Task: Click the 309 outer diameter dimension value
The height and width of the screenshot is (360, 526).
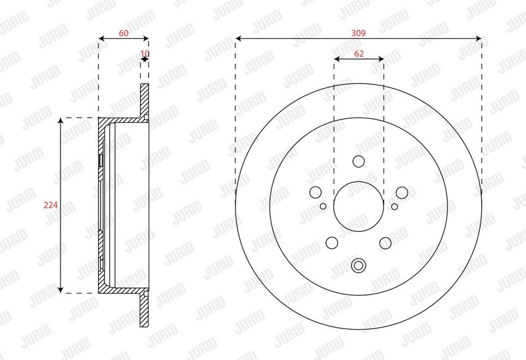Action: point(358,33)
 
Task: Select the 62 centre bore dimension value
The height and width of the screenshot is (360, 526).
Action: point(358,54)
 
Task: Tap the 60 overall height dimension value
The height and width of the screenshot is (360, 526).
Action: point(124,33)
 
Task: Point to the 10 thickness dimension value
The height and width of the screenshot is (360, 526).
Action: point(145,53)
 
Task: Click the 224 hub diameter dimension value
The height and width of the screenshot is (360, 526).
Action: point(51,205)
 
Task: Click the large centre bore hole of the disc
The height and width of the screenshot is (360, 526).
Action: point(358,206)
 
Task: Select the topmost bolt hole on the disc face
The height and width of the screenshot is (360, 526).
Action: point(358,161)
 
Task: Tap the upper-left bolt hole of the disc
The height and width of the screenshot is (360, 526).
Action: point(316,192)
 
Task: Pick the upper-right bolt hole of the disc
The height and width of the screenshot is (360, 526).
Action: point(402,192)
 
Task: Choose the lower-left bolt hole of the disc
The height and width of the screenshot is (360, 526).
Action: point(332,243)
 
